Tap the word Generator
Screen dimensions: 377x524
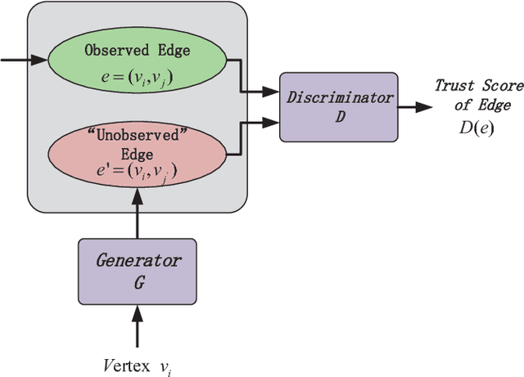[137, 263]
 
